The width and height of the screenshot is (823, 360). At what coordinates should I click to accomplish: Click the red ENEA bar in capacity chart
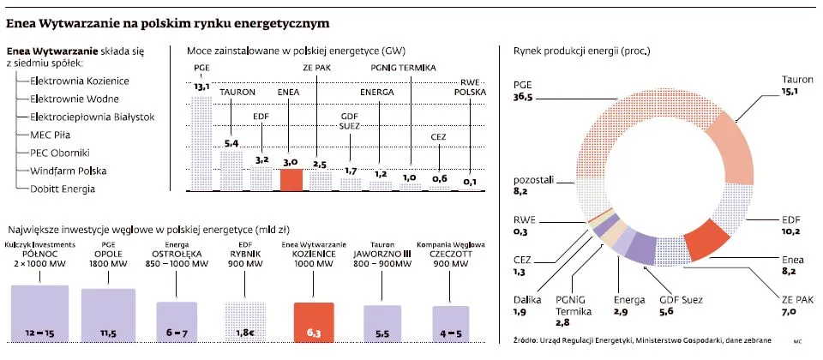point(291,179)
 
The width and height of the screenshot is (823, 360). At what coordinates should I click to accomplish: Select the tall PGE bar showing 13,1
point(201,141)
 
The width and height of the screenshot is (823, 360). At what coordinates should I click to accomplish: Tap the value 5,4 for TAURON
point(231,142)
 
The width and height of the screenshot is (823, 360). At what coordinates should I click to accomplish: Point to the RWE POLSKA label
point(469,87)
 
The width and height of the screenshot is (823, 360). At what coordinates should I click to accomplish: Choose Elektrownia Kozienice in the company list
point(79,80)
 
